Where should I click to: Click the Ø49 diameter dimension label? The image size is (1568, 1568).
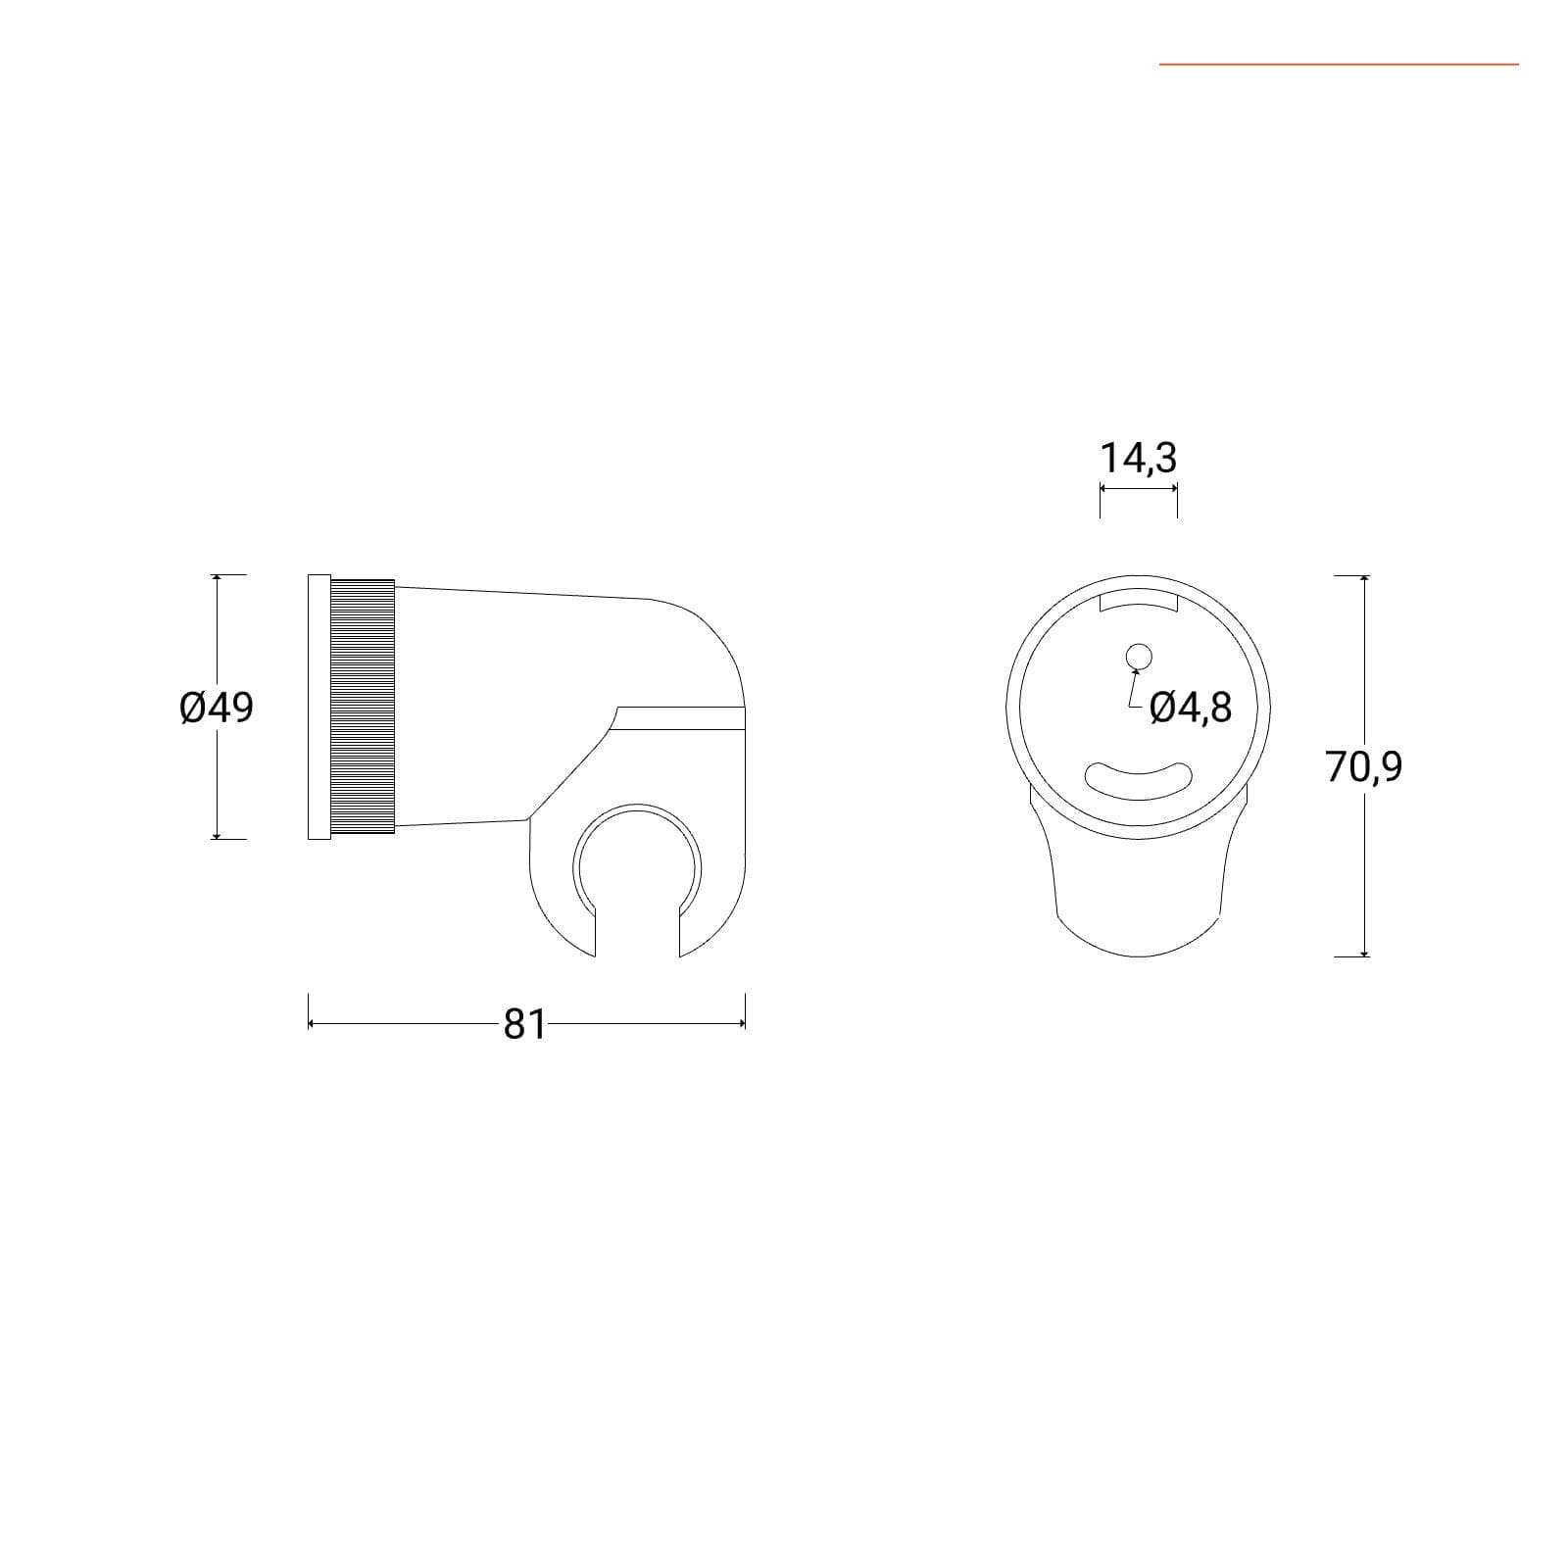[x=217, y=707]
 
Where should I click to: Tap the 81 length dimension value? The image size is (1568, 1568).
[x=524, y=1024]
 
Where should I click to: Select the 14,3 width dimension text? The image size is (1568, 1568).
[x=1138, y=458]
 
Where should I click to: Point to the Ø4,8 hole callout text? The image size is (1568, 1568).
[x=1191, y=707]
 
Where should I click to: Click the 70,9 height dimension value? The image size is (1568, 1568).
[x=1364, y=765]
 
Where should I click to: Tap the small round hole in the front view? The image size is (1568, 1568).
[x=1139, y=656]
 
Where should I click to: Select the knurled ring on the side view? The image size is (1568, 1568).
[x=363, y=707]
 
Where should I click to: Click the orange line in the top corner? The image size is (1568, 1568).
[x=1339, y=65]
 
